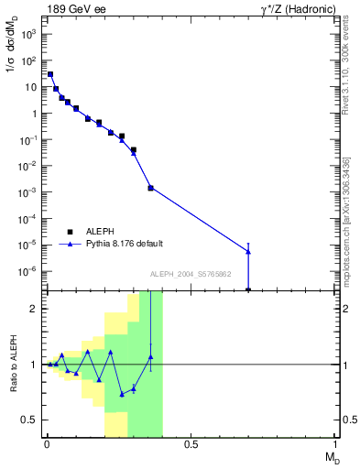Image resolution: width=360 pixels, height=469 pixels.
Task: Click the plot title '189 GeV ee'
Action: click(77, 9)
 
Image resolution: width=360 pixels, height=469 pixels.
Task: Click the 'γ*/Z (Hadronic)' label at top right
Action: click(295, 9)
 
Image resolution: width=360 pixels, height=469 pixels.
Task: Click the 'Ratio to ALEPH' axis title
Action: click(13, 364)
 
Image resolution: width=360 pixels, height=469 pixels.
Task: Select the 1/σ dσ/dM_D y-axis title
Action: click(12, 64)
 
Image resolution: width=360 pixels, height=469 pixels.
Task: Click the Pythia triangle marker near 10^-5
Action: click(248, 251)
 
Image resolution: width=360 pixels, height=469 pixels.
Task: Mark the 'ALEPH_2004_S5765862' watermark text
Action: click(190, 274)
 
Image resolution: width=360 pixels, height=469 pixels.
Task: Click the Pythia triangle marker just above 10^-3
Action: click(150, 188)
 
